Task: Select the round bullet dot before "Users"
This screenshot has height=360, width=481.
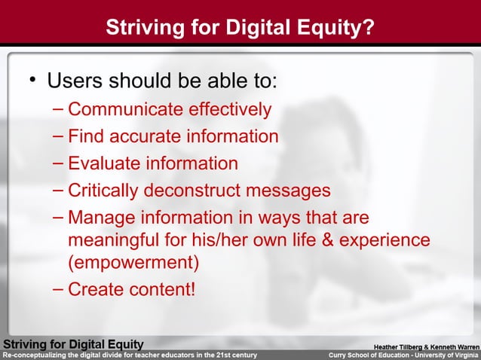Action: [x=32, y=80]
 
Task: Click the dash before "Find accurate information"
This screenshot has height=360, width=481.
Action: [x=59, y=136]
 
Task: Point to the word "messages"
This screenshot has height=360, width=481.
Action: [x=293, y=190]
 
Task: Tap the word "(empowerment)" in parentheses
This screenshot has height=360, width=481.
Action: [x=133, y=263]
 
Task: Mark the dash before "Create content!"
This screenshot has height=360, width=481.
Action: [x=59, y=288]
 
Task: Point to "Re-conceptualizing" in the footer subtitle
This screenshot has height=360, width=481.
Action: [x=35, y=355]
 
